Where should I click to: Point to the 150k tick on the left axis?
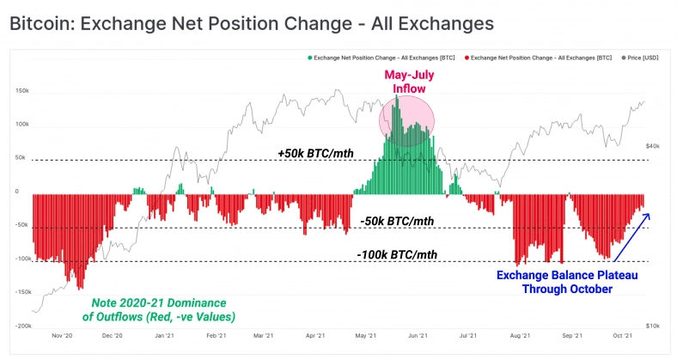coord(23,90)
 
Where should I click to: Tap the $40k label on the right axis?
coord(652,147)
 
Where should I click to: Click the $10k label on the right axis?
coord(652,326)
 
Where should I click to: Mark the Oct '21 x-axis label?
coord(623,336)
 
